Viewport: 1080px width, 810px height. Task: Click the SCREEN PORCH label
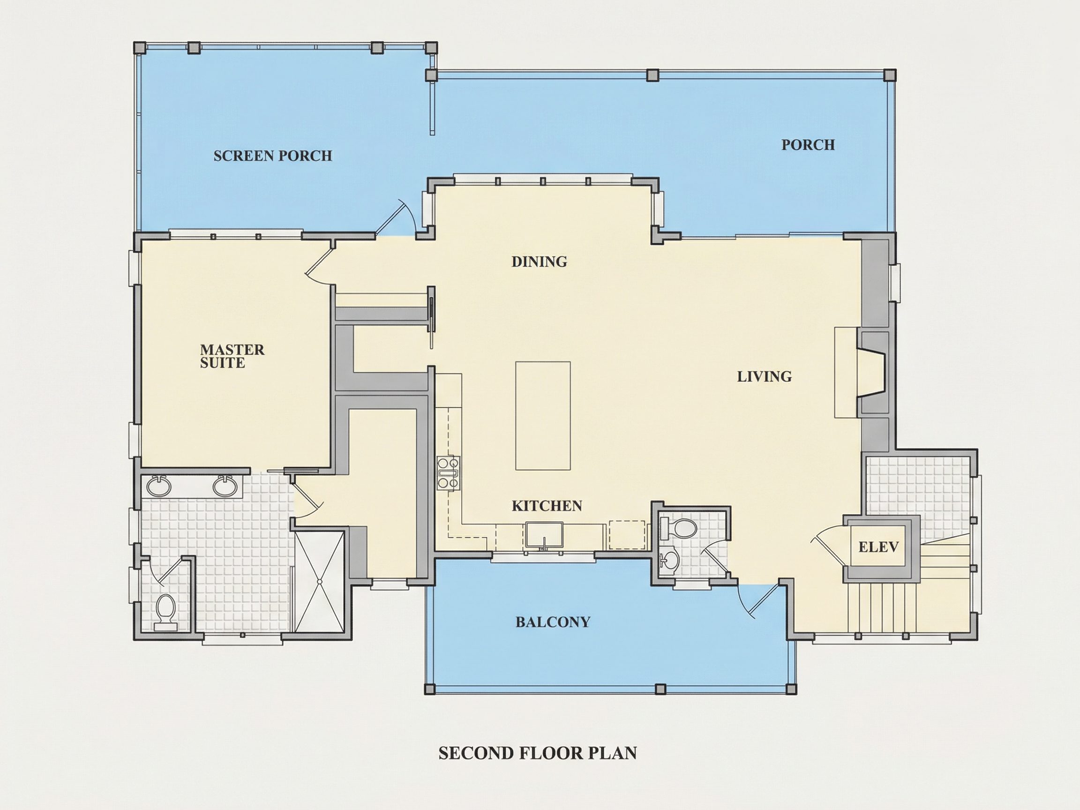pos(272,156)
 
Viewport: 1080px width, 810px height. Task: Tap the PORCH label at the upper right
pos(808,144)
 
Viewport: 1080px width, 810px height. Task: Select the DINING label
pos(539,262)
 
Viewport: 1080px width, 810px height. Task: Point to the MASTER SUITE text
pos(232,356)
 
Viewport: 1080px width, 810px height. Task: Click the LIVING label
pos(764,376)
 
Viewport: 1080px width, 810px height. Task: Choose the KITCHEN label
pos(547,506)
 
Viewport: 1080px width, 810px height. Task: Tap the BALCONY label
pos(553,622)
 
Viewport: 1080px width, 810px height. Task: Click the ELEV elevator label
pos(878,547)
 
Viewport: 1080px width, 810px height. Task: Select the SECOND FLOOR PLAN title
pos(538,753)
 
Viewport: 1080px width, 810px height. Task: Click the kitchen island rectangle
pos(543,415)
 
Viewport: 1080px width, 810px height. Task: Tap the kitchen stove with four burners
pos(448,472)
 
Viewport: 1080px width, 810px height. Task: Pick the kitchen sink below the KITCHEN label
pos(544,536)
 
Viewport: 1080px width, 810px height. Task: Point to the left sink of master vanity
pos(159,485)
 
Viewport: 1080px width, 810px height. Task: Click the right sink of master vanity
pos(225,485)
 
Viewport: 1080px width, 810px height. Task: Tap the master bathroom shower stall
pos(319,582)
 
